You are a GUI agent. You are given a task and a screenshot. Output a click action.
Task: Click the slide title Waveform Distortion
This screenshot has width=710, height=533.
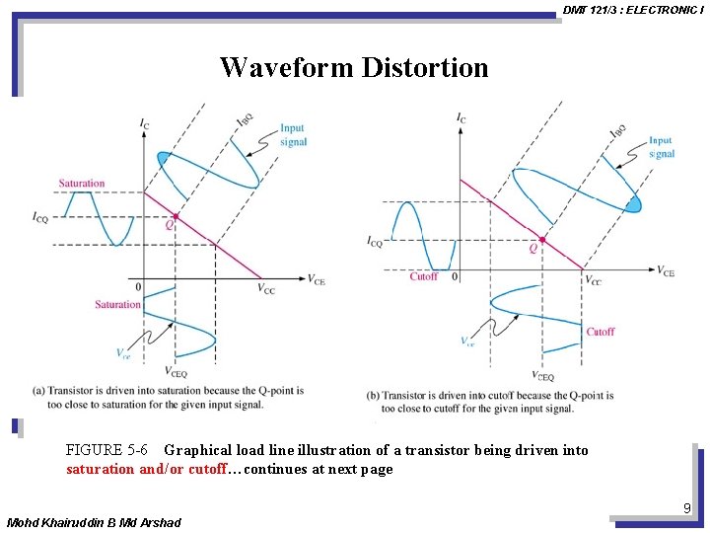coord(354,67)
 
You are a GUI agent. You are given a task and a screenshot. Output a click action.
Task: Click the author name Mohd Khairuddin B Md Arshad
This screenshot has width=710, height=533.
coord(94,521)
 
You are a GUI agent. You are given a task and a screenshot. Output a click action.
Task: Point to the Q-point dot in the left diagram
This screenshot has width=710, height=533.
coord(176,216)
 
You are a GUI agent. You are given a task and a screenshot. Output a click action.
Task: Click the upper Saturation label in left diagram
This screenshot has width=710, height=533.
coord(81,184)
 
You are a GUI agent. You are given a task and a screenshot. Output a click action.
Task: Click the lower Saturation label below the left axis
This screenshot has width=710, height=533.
coord(117,305)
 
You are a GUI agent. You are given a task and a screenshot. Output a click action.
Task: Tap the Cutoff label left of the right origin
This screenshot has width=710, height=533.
coord(423,276)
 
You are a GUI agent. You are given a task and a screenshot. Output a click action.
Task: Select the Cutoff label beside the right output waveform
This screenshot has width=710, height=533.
coord(601,332)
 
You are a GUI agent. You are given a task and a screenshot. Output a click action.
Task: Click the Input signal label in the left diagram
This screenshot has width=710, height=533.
coord(293,135)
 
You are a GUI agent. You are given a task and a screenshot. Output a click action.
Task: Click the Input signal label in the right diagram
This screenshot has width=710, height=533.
coord(661,147)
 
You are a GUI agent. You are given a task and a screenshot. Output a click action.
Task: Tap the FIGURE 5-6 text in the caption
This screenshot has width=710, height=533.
coord(106,451)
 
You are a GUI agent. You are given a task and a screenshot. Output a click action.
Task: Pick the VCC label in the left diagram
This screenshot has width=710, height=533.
coord(266,289)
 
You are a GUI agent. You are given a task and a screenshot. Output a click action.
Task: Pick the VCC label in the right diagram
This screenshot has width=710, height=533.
coord(593,280)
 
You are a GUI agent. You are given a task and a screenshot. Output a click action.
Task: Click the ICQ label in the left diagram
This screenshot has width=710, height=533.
coord(39,217)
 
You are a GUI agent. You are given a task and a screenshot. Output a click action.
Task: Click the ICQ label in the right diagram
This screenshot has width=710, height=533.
coord(374,242)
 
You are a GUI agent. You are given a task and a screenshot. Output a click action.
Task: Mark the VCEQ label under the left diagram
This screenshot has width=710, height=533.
coord(177,373)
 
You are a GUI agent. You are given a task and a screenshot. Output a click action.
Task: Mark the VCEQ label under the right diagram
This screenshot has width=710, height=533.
coord(542,376)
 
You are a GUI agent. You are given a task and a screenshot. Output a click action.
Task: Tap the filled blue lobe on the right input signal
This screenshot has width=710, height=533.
coord(632,204)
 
